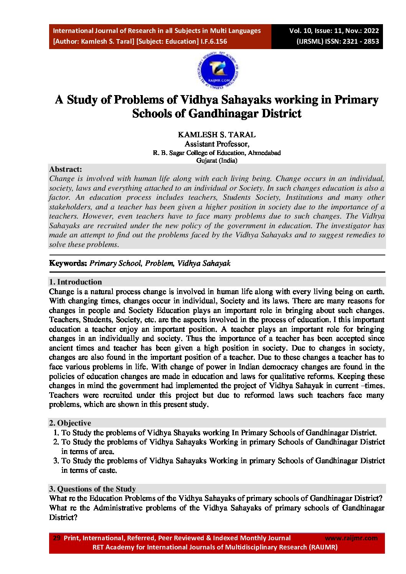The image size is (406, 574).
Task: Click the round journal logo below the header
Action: click(x=218, y=70)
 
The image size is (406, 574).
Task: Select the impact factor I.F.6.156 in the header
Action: click(x=214, y=41)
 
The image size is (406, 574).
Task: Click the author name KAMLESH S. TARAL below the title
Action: click(x=216, y=135)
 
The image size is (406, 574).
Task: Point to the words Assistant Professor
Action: click(x=216, y=144)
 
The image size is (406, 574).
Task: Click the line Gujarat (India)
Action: click(x=216, y=160)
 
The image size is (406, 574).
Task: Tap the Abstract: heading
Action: click(x=66, y=169)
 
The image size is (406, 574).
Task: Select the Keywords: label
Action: click(x=68, y=263)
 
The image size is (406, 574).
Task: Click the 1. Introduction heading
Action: click(x=76, y=282)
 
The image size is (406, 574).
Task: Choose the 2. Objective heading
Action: click(x=70, y=423)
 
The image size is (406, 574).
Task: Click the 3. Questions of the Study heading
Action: click(x=92, y=489)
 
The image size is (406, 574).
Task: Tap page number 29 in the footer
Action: click(x=56, y=538)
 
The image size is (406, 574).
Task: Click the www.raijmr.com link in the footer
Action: click(x=351, y=538)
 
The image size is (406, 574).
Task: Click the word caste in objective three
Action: click(x=107, y=470)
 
